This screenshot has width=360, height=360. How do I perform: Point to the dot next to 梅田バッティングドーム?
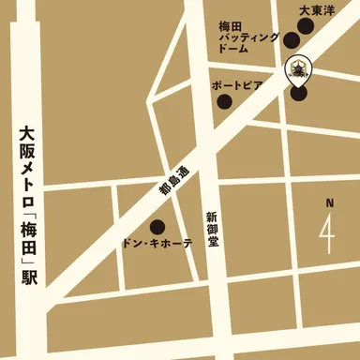(x=291, y=40)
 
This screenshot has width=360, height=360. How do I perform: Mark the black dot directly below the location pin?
(x=298, y=92)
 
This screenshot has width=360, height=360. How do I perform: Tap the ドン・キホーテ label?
(x=157, y=243)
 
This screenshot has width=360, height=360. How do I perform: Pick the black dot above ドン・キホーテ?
(x=157, y=226)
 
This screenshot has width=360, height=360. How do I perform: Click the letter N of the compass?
(x=329, y=202)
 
